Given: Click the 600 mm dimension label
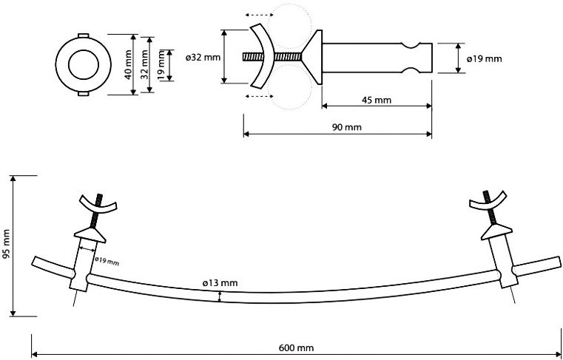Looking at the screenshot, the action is point(296,347).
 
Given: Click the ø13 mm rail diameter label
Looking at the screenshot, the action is point(220,283).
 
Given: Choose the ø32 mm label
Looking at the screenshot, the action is point(203,58).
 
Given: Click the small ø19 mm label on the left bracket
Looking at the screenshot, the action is point(107,262).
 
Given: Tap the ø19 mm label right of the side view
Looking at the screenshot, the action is point(485,59).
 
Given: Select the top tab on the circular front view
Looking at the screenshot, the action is point(83,35).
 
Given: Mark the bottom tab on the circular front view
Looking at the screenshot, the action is point(83,94).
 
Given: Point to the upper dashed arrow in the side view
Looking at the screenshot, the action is point(259,15).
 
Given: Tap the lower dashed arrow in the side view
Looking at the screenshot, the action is point(259,96).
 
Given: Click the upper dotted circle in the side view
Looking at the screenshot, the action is point(289,27).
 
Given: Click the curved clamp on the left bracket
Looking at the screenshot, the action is point(98,206).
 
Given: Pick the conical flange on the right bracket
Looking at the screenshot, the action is point(496,232).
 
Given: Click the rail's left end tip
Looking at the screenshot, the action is point(33,261).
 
